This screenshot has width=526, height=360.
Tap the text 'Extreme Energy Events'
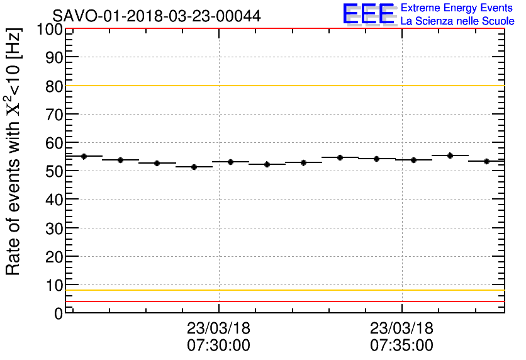[x=456, y=8]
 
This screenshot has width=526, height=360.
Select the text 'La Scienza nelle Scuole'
[x=457, y=21]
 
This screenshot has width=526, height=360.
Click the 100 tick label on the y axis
[x=50, y=29]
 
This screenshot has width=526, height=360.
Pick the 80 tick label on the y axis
[x=53, y=86]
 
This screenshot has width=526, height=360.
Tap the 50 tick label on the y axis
[x=53, y=171]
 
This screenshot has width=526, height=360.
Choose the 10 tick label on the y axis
[x=53, y=285]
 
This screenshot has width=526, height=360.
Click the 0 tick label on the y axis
[x=59, y=313]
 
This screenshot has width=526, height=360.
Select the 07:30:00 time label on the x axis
[x=218, y=346]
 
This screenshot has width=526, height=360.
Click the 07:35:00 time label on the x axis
[x=401, y=346]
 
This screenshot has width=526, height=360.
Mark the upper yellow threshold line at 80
[x=283, y=86]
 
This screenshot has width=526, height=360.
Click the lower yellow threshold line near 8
[x=283, y=290]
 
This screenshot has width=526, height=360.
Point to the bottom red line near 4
[x=283, y=301]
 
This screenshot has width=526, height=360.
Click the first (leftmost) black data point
[x=84, y=156]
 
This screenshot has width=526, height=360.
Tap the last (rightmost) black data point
[x=486, y=161]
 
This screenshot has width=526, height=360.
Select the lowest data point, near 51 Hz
[x=194, y=167]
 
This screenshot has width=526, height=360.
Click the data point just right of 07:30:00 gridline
[x=230, y=162]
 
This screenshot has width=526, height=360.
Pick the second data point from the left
[x=120, y=160]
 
